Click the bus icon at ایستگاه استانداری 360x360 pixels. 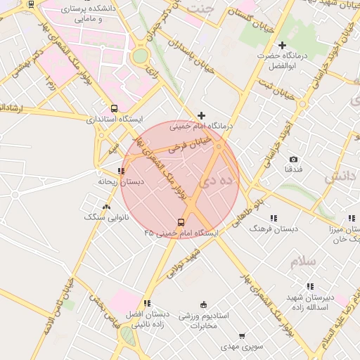[x=114, y=108]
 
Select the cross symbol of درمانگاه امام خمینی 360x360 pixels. [x=202, y=115]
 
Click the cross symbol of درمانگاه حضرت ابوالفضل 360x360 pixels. [x=282, y=45]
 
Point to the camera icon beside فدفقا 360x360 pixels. [x=293, y=160]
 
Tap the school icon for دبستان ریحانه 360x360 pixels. [x=122, y=170]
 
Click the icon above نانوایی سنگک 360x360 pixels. [x=106, y=207]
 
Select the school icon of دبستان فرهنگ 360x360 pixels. [x=273, y=218]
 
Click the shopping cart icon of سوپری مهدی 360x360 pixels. [x=243, y=336]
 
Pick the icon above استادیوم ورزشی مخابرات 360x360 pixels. [x=204, y=304]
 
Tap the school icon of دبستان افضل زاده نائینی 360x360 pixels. [x=146, y=303]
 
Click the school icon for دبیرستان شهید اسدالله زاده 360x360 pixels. [x=309, y=286]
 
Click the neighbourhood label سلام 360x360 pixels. [x=302, y=262]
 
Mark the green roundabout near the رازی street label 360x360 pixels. [x=140, y=56]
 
